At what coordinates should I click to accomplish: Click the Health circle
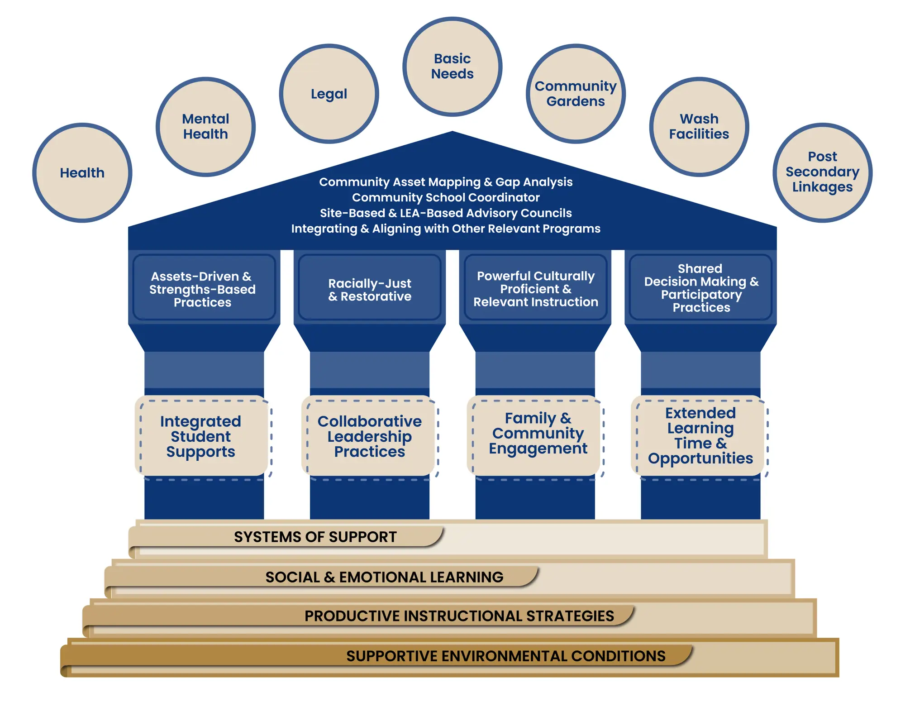[82, 173]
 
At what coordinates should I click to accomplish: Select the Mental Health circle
[205, 127]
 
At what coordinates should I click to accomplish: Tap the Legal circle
[329, 94]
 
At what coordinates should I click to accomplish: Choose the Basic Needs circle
[452, 67]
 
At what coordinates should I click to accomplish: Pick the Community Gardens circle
[576, 94]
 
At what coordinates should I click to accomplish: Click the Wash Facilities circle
[699, 127]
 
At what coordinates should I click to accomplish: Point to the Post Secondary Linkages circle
[822, 172]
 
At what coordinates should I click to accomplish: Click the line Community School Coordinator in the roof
[446, 197]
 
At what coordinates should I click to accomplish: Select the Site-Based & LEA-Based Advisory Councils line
[446, 213]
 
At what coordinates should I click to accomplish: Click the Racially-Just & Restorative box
[370, 290]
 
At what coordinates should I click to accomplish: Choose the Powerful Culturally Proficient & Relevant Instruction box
[535, 289]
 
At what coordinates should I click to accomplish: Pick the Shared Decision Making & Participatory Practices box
[701, 288]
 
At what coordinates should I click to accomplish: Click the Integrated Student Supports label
[201, 436]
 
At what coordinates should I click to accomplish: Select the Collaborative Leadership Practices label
[369, 436]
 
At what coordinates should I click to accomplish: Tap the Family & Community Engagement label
[538, 433]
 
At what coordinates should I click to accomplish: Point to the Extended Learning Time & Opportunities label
[700, 435]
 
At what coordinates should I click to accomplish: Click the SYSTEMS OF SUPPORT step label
[315, 537]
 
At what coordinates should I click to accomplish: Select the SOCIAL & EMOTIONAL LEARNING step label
[384, 577]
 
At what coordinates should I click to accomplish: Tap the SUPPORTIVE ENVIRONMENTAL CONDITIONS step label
[505, 656]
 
